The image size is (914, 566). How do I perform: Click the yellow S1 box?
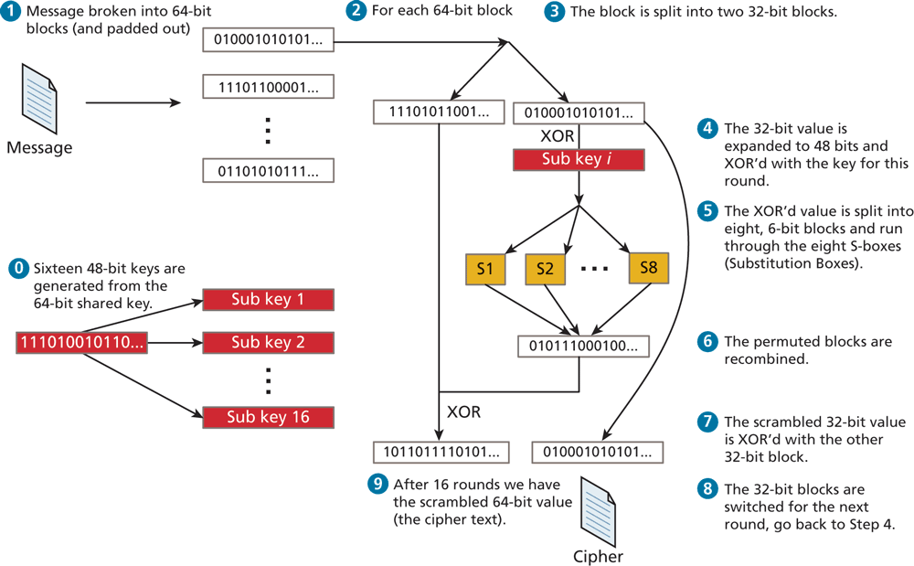[x=485, y=268]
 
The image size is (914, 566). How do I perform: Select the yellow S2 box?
[x=545, y=268]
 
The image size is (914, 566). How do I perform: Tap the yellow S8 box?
[x=647, y=268]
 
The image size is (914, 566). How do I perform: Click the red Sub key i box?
[x=579, y=159]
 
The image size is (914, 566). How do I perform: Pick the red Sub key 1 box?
[x=268, y=299]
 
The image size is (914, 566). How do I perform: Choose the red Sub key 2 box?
[x=268, y=343]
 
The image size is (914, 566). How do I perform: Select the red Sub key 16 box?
[x=268, y=417]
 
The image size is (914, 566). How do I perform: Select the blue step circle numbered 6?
[x=707, y=342]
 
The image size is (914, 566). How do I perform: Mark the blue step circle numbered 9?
[x=376, y=484]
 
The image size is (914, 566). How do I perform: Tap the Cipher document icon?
[x=598, y=511]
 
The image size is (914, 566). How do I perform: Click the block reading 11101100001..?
[x=268, y=88]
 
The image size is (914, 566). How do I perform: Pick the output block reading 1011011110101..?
[x=438, y=452]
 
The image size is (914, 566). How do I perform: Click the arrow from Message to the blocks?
[x=133, y=102]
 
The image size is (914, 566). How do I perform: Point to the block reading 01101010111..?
[x=268, y=169]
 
